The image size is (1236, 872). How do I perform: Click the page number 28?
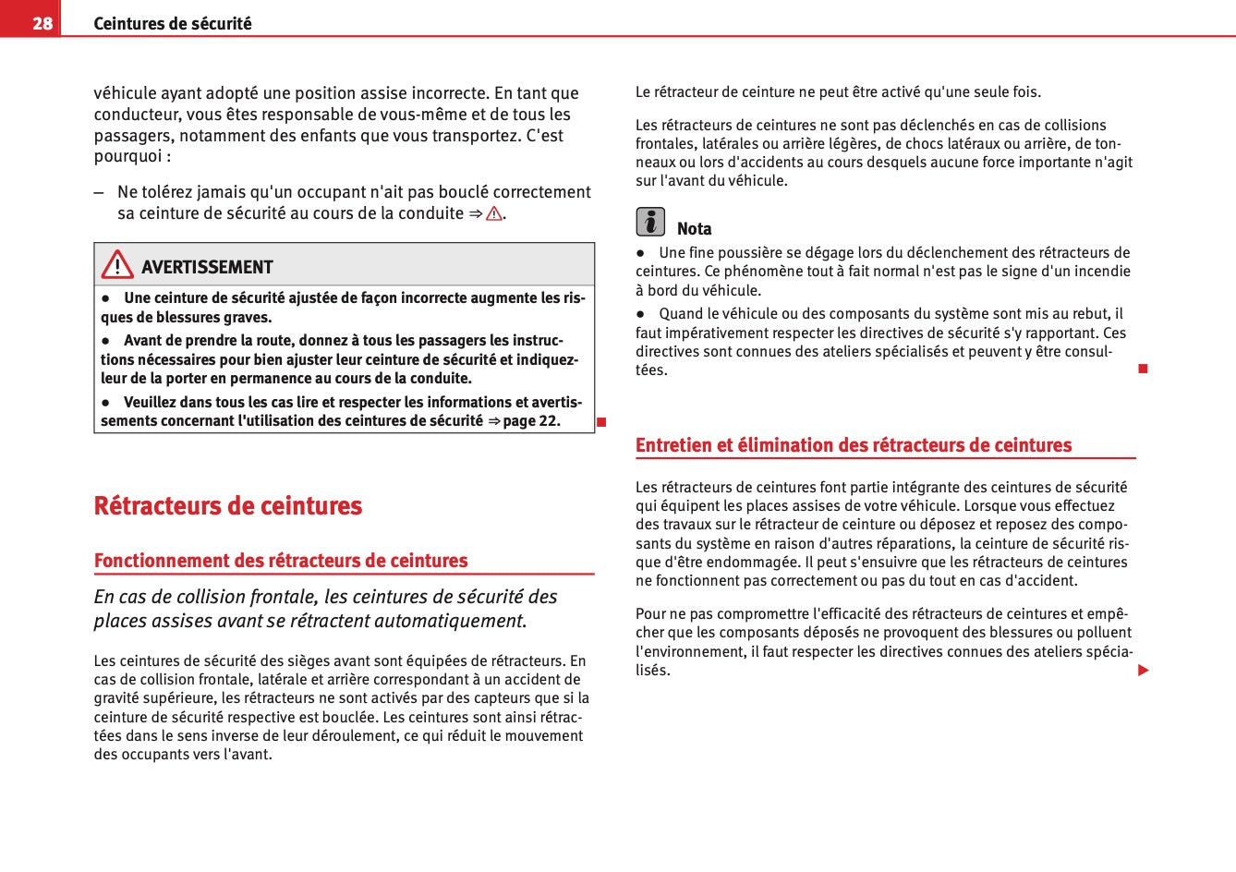[42, 23]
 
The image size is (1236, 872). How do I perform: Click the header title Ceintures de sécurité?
[172, 23]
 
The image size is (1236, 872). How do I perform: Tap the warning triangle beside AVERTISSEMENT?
[117, 265]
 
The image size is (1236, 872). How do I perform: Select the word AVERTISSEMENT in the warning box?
[207, 267]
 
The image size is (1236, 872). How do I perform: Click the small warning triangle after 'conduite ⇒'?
[494, 214]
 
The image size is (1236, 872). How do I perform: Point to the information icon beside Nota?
[650, 222]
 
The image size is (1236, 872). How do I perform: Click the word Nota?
[694, 228]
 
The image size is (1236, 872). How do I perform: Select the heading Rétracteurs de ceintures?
[228, 505]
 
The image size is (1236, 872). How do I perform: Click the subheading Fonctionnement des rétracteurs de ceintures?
[281, 561]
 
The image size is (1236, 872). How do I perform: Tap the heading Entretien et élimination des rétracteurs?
[854, 445]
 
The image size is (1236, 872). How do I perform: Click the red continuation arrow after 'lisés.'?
[1144, 670]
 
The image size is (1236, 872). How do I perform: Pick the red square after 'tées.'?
[1143, 369]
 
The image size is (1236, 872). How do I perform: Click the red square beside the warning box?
[600, 422]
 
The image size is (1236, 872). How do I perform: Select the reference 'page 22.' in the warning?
[531, 421]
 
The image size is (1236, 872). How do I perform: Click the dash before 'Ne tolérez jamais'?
[99, 193]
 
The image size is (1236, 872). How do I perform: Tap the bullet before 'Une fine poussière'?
[639, 253]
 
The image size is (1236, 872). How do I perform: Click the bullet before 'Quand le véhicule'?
[639, 314]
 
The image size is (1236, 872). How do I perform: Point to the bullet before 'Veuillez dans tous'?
[106, 403]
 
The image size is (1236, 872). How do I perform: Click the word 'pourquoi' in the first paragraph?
[128, 156]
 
